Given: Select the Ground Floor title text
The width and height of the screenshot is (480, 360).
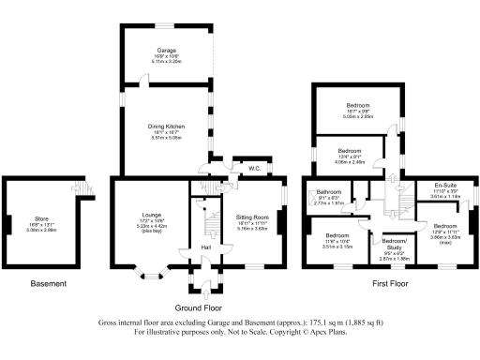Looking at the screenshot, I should pos(199,307).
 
